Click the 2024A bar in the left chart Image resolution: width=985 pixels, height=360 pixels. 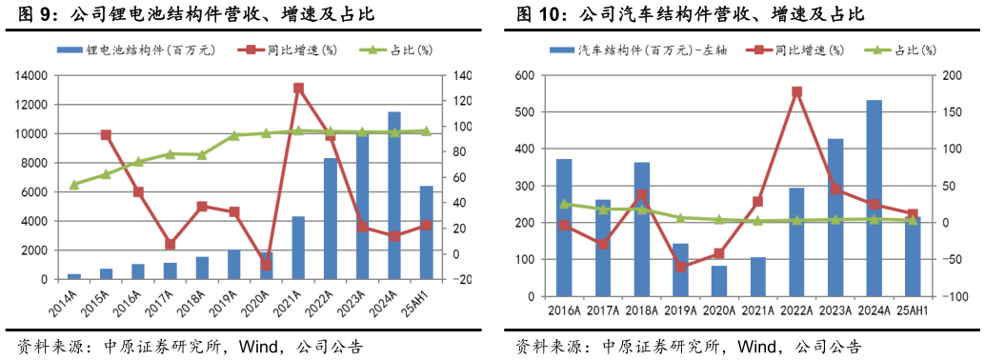click(394, 195)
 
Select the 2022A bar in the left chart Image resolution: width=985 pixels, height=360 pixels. click(330, 219)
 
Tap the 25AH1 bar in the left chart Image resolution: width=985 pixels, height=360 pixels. click(426, 233)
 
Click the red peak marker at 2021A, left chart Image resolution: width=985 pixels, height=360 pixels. click(298, 89)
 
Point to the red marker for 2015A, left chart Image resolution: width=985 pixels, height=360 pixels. click(106, 135)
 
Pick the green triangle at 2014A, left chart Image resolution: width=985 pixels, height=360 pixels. click(74, 184)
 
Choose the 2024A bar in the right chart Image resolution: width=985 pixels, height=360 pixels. click(874, 198)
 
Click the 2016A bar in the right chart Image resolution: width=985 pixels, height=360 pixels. click(564, 228)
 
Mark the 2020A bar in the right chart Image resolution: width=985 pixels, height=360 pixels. click(718, 281)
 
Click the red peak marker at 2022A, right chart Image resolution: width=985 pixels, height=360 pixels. click(796, 92)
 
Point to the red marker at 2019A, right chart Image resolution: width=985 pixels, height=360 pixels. click(680, 267)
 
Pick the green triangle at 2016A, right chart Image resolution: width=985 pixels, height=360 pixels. click(564, 204)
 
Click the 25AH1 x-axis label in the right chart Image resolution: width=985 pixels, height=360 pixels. click(913, 310)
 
